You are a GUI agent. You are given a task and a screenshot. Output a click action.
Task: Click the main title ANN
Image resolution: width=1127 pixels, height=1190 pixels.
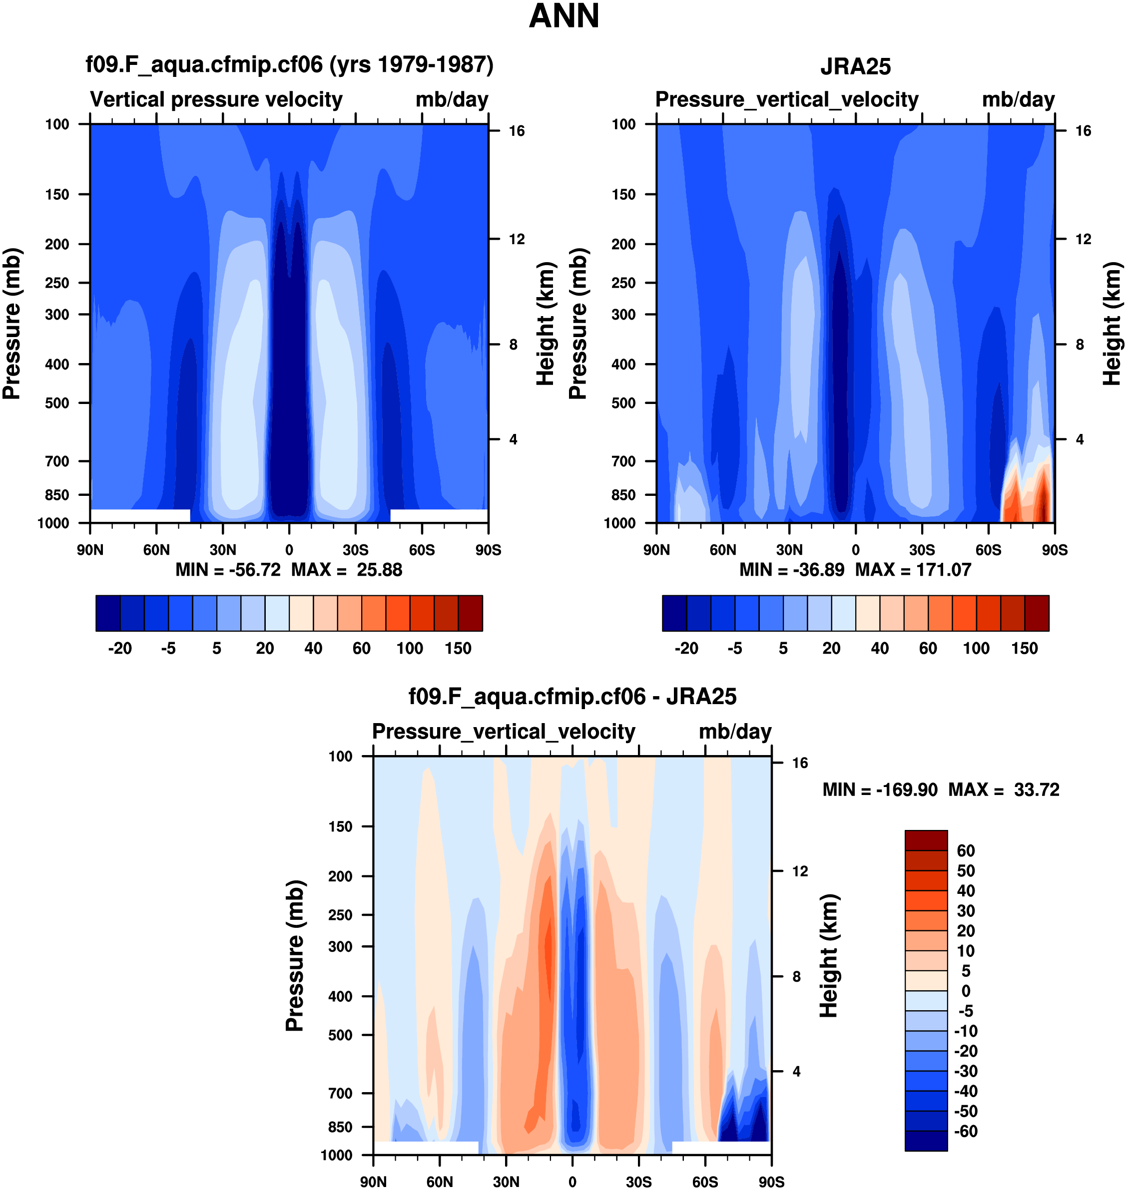click(x=563, y=16)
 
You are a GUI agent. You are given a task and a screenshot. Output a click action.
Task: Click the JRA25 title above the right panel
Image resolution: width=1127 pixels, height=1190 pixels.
click(x=855, y=66)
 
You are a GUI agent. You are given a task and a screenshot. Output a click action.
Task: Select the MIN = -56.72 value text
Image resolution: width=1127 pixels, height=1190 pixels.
click(x=228, y=570)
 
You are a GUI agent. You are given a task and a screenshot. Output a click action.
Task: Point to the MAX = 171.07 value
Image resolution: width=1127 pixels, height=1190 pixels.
click(x=913, y=570)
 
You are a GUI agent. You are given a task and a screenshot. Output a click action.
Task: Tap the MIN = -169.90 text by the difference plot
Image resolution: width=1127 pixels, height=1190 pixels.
click(x=880, y=790)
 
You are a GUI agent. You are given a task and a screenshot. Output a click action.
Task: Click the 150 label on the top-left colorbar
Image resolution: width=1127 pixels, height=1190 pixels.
click(x=458, y=649)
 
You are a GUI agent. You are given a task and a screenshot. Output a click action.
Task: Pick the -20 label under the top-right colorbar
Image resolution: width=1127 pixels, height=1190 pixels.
click(x=686, y=649)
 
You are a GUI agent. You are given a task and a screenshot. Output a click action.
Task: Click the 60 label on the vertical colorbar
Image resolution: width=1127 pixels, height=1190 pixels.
click(x=966, y=851)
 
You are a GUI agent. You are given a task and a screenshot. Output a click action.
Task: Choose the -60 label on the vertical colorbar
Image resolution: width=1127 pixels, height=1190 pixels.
click(x=966, y=1131)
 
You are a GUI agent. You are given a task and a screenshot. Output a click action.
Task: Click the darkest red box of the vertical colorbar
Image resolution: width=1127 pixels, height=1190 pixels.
click(x=926, y=840)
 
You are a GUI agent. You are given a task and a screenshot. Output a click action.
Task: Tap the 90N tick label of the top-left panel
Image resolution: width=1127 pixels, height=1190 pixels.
click(x=90, y=550)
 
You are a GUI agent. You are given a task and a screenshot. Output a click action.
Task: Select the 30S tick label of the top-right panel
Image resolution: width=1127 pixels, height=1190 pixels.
click(x=922, y=550)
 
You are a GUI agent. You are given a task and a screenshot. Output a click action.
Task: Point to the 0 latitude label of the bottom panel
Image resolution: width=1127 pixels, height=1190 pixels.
click(x=572, y=1182)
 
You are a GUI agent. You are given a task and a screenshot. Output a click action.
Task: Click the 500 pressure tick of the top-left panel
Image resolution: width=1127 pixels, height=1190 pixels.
click(x=57, y=403)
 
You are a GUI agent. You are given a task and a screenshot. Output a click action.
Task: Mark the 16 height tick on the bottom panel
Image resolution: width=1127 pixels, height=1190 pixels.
click(x=800, y=763)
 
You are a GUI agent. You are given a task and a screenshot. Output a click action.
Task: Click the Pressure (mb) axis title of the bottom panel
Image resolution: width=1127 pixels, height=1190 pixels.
click(x=294, y=956)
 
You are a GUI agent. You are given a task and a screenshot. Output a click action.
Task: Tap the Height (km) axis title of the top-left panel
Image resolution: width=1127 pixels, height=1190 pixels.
click(x=545, y=324)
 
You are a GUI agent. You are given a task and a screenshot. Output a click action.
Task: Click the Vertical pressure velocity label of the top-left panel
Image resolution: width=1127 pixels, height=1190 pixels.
click(x=216, y=100)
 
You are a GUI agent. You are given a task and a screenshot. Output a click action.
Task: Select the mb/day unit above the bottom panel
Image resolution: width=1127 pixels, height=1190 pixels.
click(x=735, y=732)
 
